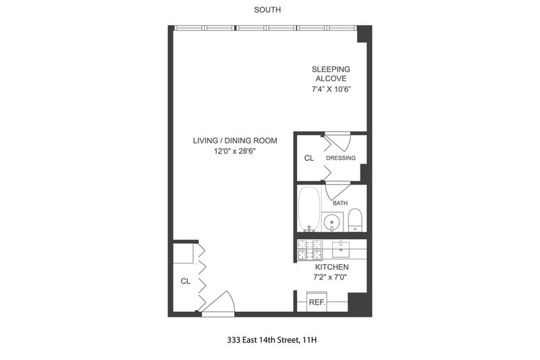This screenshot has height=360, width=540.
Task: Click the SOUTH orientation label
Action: [267, 9]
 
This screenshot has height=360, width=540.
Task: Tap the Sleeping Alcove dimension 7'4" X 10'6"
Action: [331, 89]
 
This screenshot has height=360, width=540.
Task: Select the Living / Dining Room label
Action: [235, 140]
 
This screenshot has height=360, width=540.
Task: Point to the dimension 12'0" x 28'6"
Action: [235, 151]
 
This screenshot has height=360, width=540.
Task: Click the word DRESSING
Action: [341, 158]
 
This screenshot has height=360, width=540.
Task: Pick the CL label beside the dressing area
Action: [309, 158]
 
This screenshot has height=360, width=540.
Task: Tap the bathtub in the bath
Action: [309, 209]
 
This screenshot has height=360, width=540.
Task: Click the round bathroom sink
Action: [332, 222]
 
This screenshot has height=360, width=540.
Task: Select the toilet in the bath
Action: [355, 220]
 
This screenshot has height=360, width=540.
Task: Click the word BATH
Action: [340, 203]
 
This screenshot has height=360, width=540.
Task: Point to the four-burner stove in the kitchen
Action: [310, 250]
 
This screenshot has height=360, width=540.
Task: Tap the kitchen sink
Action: [341, 249]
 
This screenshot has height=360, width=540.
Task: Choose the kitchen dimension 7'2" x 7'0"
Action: [330, 277]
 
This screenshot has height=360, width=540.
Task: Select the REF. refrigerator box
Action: [317, 302]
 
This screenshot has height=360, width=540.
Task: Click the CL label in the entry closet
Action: [185, 281]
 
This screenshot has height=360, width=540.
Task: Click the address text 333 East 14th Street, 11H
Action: [272, 340]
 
